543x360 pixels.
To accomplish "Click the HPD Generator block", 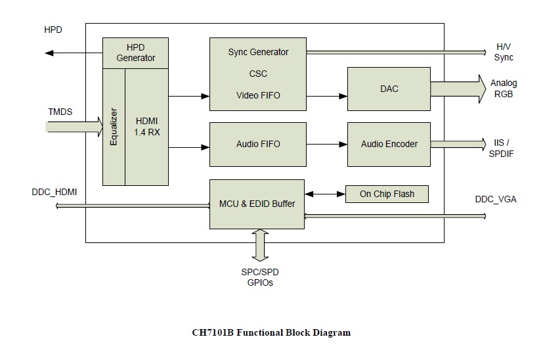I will pyautogui.click(x=136, y=53).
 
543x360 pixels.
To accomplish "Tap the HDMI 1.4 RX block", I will pyautogui.click(x=146, y=126).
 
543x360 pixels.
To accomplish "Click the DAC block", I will pyautogui.click(x=389, y=89).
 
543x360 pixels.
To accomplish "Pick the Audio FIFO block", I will pyautogui.click(x=257, y=144).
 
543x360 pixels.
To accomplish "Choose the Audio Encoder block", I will pyautogui.click(x=389, y=144).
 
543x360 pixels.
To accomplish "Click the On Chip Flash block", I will pyautogui.click(x=387, y=194).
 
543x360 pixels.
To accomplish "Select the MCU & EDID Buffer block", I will pyautogui.click(x=257, y=204).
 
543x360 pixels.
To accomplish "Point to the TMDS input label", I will pyautogui.click(x=60, y=112).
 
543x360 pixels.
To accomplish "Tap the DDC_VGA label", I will pyautogui.click(x=496, y=198).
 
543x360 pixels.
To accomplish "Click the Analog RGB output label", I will pyautogui.click(x=504, y=89).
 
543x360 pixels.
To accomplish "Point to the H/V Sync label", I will pyautogui.click(x=504, y=53).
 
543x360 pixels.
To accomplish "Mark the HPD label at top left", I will pyautogui.click(x=54, y=30).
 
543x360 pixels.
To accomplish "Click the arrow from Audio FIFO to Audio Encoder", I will pyautogui.click(x=326, y=144).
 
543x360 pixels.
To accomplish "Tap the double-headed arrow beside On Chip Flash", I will pyautogui.click(x=325, y=194).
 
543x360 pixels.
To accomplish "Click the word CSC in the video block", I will pyautogui.click(x=258, y=74).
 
